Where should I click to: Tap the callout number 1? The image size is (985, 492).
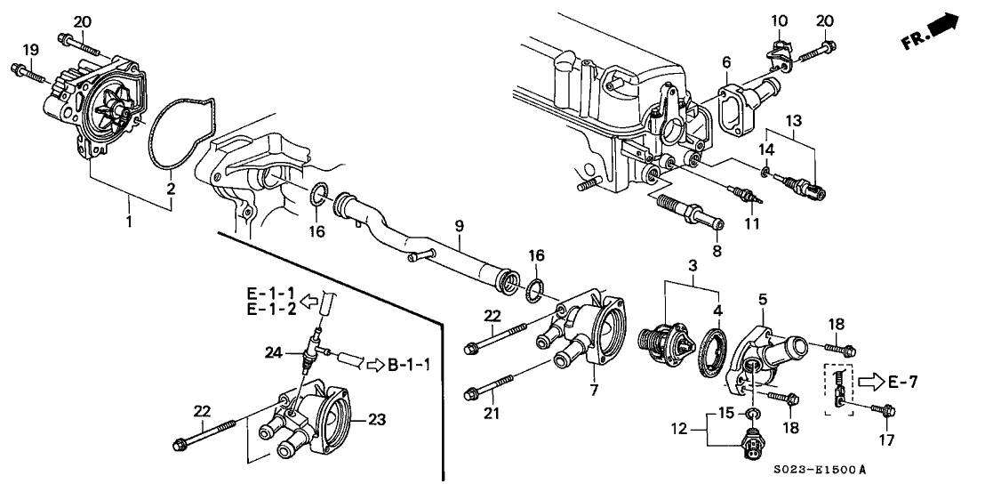pyautogui.click(x=131, y=221)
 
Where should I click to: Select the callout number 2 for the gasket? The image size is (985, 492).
pyautogui.click(x=171, y=189)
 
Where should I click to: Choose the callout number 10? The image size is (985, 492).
pyautogui.click(x=779, y=20)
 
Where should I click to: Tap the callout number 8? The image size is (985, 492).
pyautogui.click(x=717, y=252)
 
